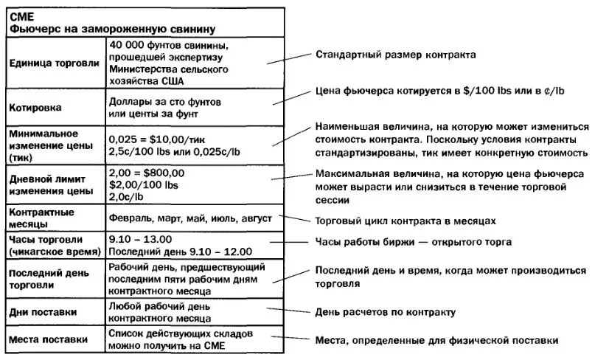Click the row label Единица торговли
pyautogui.click(x=54, y=63)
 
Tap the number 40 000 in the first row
pyautogui.click(x=128, y=46)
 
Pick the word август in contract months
pyautogui.click(x=254, y=219)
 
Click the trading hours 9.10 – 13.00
pyautogui.click(x=140, y=239)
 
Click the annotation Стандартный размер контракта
pyautogui.click(x=395, y=55)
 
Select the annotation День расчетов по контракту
pyautogui.click(x=385, y=312)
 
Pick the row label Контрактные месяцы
pyautogui.click(x=41, y=218)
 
